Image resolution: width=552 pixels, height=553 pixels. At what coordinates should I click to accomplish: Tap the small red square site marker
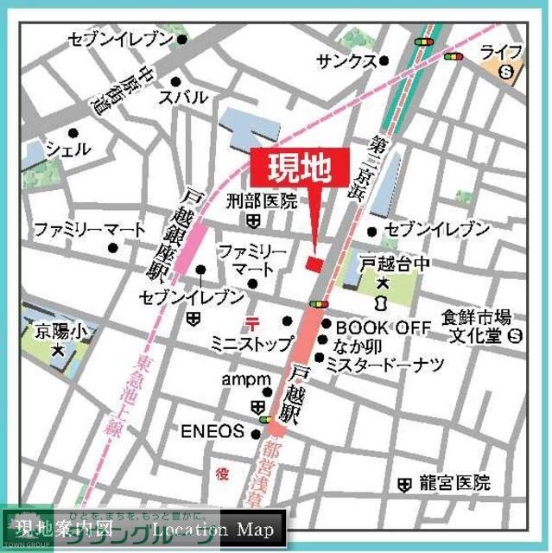[x=314, y=262]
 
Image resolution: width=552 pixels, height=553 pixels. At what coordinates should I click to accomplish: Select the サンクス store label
[x=346, y=60]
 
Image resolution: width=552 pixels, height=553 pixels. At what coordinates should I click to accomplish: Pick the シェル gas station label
[x=67, y=149]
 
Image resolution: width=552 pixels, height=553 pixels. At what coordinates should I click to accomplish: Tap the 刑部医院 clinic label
[x=261, y=202]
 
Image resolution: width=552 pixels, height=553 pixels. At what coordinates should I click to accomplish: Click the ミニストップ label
[x=251, y=344]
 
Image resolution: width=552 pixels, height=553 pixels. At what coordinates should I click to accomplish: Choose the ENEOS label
[x=213, y=431]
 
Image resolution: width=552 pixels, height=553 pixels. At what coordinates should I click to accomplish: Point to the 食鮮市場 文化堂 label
[x=477, y=325]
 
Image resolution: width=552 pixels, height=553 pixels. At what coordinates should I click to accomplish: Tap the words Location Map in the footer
[x=216, y=529]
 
